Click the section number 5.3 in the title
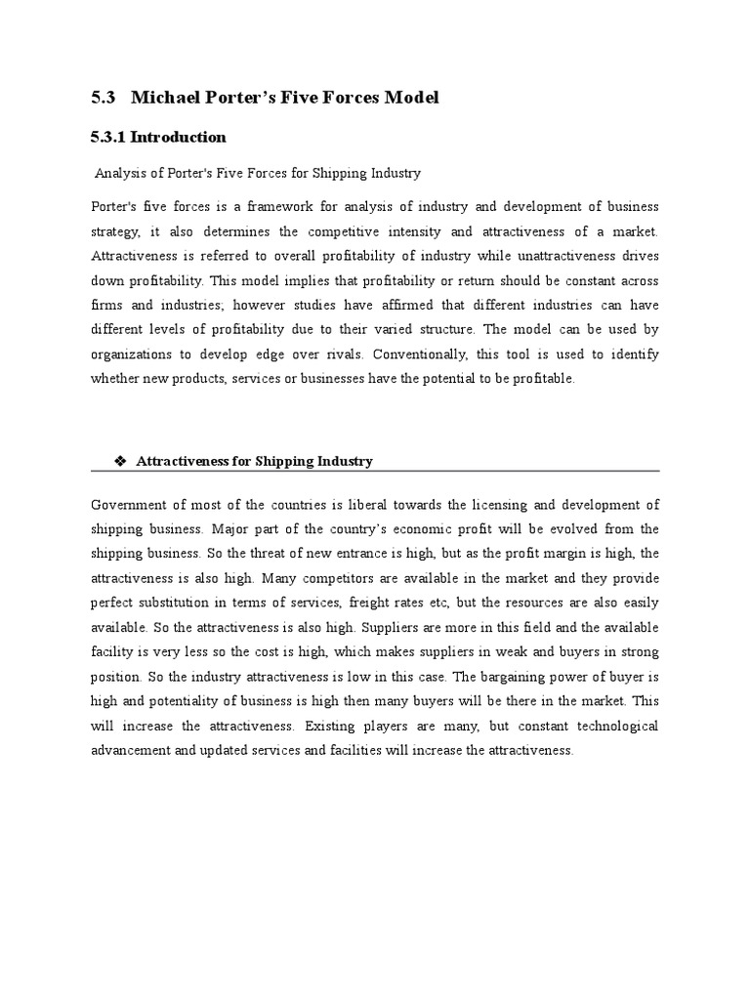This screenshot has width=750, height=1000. pos(103,98)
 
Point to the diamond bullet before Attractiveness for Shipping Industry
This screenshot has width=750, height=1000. pos(121,461)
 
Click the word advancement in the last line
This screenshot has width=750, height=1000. pos(134,751)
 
